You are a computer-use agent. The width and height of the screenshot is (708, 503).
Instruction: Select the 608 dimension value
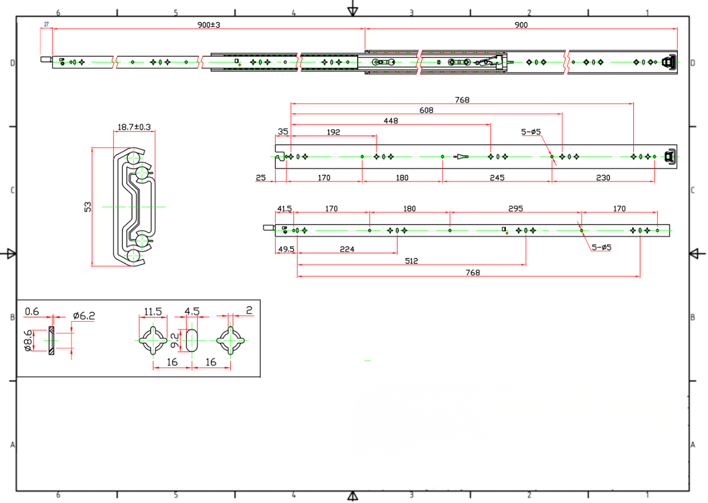click(426, 110)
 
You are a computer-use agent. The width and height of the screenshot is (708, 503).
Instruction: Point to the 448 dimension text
click(391, 121)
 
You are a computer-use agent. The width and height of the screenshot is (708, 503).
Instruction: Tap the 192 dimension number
click(333, 132)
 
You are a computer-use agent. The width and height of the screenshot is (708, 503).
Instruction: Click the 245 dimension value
click(497, 178)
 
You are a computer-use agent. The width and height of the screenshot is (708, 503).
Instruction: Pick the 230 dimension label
click(603, 178)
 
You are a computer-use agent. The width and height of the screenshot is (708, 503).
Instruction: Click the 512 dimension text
click(411, 261)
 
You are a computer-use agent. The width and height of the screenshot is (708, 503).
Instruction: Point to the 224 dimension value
click(347, 249)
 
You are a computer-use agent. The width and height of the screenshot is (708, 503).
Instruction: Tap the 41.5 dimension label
click(284, 208)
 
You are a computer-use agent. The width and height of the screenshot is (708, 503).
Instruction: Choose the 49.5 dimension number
click(286, 249)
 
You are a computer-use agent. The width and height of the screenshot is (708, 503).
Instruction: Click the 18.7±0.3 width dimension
click(134, 127)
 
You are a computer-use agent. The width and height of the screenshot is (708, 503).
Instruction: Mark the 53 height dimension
click(88, 207)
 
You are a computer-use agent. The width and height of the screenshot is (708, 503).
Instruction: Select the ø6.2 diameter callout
click(84, 315)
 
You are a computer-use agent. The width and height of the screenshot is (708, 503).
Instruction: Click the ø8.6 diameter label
click(27, 340)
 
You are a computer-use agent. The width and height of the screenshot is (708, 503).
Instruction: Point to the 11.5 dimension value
click(153, 311)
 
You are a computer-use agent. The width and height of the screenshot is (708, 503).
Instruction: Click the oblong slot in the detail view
click(191, 340)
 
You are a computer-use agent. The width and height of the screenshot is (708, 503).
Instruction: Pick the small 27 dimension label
click(46, 24)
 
